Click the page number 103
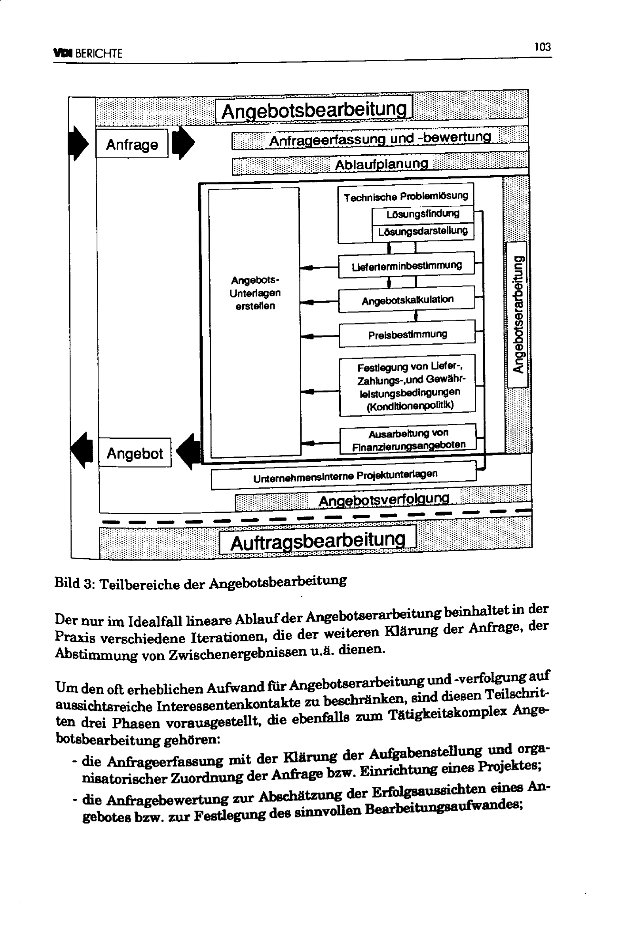click(x=542, y=47)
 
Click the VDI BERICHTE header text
click(x=88, y=53)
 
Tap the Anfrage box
click(x=132, y=144)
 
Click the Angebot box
click(x=135, y=453)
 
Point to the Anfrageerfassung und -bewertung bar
click(x=379, y=139)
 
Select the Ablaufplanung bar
click(x=380, y=164)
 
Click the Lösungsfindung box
click(x=423, y=214)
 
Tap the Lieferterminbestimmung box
click(x=406, y=265)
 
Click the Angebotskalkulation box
click(x=406, y=299)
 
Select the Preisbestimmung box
click(x=407, y=334)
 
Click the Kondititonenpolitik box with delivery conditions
click(x=407, y=385)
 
